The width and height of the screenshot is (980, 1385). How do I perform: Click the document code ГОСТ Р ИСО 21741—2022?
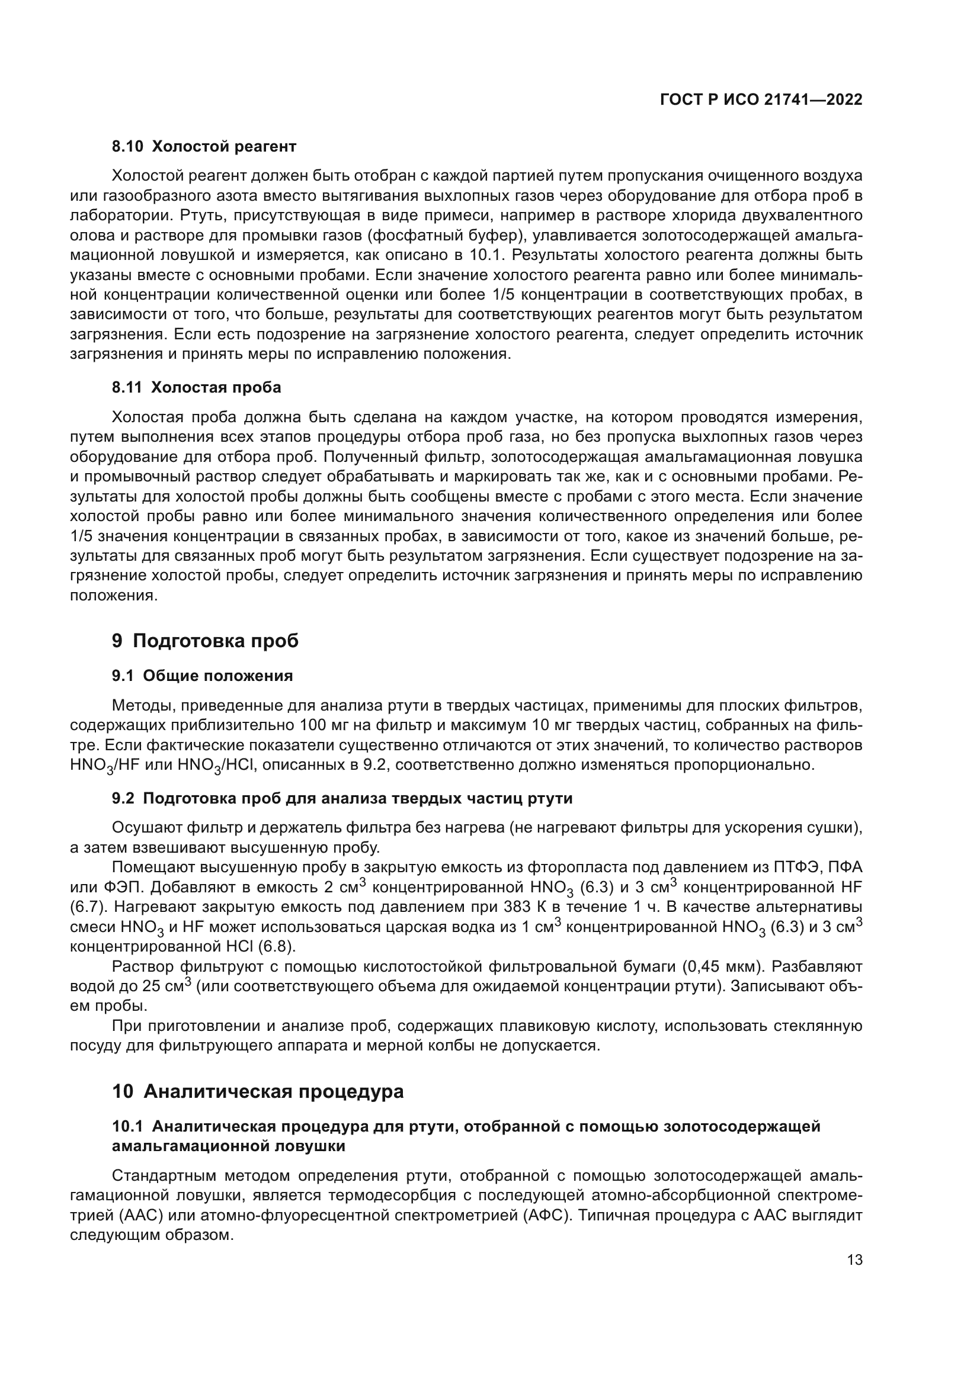(x=761, y=100)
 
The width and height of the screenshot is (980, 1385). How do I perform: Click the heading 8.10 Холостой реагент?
(x=204, y=146)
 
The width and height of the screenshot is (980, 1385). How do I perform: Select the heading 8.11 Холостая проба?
(x=196, y=387)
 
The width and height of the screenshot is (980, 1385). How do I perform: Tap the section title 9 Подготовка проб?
(x=205, y=641)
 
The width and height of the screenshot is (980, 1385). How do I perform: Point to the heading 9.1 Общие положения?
(x=202, y=676)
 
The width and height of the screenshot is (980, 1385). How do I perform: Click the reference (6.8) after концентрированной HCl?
(x=280, y=946)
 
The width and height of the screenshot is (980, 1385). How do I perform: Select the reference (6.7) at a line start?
(x=88, y=907)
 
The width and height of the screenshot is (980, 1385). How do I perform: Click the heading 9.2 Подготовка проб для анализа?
(x=341, y=799)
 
